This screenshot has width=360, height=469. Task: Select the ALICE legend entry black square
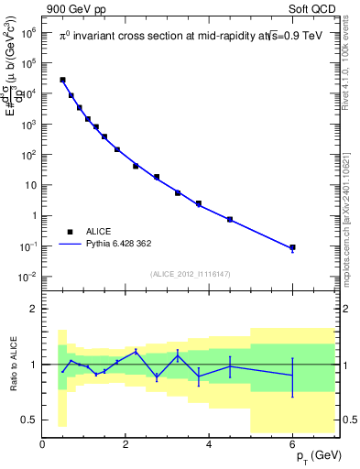[x=69, y=233]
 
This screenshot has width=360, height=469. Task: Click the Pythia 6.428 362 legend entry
[x=119, y=245]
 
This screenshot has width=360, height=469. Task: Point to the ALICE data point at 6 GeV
[x=293, y=247]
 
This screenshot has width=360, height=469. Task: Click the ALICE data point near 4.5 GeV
[x=230, y=220]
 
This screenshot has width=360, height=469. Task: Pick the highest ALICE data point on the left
[x=62, y=80]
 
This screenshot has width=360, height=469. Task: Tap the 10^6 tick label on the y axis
[x=27, y=32]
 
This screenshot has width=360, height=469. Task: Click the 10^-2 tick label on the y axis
[x=27, y=277]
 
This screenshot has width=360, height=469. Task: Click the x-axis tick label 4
[x=210, y=444]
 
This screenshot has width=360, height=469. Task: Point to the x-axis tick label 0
[x=42, y=444]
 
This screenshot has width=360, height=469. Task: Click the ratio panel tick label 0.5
[x=27, y=420]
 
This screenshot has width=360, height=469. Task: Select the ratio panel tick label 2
[x=33, y=310]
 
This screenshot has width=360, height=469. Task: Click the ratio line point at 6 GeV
[x=293, y=376]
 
